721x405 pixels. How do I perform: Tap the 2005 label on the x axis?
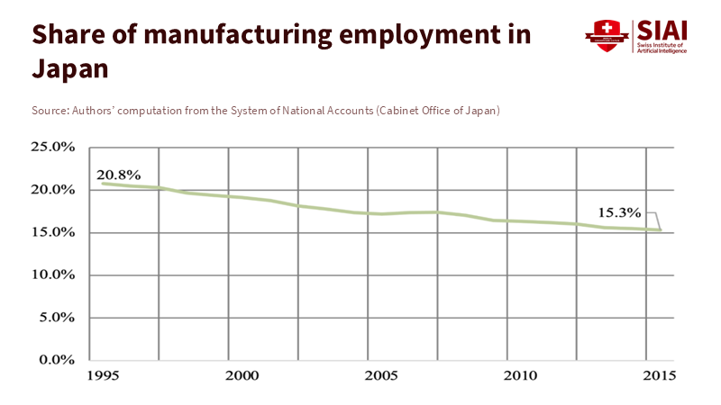point(380,374)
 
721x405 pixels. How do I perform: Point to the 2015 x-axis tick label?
point(658,374)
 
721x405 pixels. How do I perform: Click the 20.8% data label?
point(118,175)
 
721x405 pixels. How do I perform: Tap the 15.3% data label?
point(619,213)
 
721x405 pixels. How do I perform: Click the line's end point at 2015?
point(661,230)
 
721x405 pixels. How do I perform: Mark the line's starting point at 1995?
point(102,184)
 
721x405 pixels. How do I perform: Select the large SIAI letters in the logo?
point(662,31)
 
